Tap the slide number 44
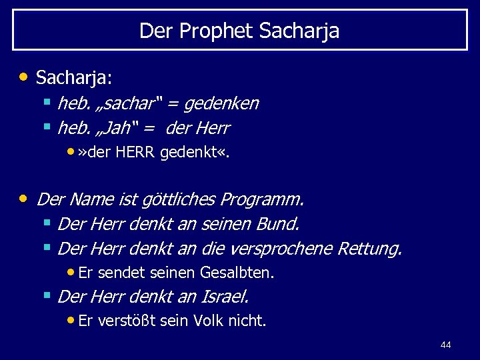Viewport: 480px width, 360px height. [446, 345]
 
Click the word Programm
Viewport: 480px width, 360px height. [263, 199]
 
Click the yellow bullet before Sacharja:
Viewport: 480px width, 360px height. [24, 76]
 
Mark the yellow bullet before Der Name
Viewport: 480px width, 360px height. [24, 198]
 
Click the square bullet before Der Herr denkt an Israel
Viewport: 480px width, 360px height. [47, 294]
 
